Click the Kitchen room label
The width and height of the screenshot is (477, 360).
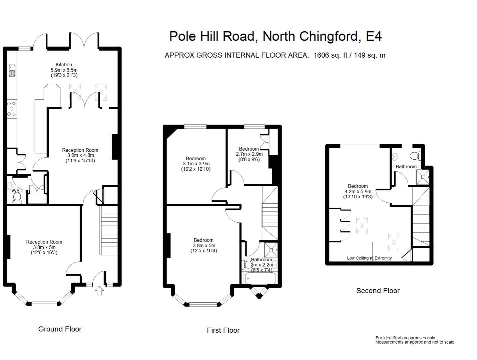pyautogui.click(x=64, y=65)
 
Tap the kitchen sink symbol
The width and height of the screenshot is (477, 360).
pyautogui.click(x=12, y=70)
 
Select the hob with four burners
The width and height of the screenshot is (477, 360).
pyautogui.click(x=12, y=109)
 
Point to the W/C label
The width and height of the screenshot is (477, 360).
pyautogui.click(x=17, y=191)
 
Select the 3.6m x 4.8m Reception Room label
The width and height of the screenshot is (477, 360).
pyautogui.click(x=80, y=155)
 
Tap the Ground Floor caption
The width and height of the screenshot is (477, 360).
pyautogui.click(x=60, y=329)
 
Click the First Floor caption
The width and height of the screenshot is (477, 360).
pyautogui.click(x=223, y=330)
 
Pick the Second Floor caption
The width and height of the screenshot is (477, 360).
pyautogui.click(x=378, y=291)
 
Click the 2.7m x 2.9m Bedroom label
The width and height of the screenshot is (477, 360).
pyautogui.click(x=249, y=154)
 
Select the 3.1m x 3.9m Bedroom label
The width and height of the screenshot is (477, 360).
pyautogui.click(x=196, y=164)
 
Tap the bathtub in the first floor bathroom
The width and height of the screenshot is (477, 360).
pyautogui.click(x=260, y=278)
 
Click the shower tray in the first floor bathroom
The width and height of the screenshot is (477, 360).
pyautogui.click(x=271, y=249)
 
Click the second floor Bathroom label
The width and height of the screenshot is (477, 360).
pyautogui.click(x=406, y=167)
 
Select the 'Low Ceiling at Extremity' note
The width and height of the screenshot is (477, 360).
pyautogui.click(x=369, y=258)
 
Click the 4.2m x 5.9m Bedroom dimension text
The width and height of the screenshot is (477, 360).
pyautogui.click(x=358, y=192)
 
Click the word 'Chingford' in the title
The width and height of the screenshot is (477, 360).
pyautogui.click(x=328, y=36)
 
